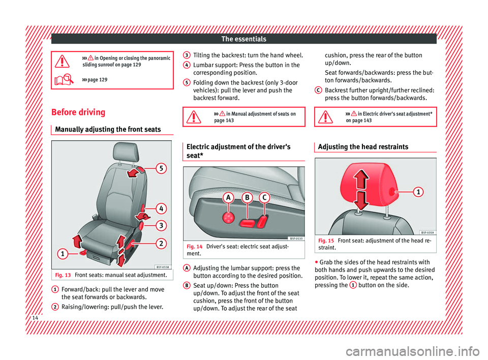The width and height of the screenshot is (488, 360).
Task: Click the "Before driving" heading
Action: tap(79, 112)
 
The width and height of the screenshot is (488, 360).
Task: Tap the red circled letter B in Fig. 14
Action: tap(247, 197)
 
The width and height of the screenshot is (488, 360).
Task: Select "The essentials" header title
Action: tap(244, 39)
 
